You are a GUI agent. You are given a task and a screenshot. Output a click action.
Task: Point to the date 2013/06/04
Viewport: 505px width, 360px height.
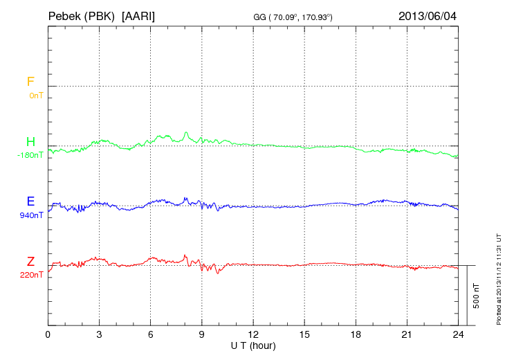click(x=428, y=15)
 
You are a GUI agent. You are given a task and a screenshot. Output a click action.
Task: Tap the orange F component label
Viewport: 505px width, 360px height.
click(x=30, y=82)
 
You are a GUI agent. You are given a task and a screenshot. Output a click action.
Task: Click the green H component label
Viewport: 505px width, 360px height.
click(x=30, y=143)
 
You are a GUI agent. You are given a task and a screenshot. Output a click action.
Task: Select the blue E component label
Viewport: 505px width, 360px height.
click(x=30, y=202)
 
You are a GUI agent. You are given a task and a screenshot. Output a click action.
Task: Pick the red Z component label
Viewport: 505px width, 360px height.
click(x=30, y=262)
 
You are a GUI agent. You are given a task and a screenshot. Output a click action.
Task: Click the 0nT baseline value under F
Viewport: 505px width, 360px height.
click(x=35, y=96)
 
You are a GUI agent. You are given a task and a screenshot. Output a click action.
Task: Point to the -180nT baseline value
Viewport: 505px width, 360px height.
click(x=30, y=155)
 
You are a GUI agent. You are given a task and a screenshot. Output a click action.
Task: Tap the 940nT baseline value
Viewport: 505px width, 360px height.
click(x=32, y=215)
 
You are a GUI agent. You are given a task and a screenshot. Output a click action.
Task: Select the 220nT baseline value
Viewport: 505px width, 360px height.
click(x=32, y=275)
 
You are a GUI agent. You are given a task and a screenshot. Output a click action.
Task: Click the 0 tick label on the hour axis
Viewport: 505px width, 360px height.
click(x=48, y=334)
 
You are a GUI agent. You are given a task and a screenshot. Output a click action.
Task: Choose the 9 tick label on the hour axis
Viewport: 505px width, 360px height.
click(x=202, y=334)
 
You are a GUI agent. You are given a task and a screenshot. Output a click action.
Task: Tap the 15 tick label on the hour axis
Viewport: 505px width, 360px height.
click(x=304, y=334)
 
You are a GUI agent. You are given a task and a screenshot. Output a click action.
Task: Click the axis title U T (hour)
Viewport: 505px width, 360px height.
click(x=253, y=345)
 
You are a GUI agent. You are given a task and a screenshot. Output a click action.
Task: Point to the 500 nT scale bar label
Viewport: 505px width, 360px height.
click(x=476, y=295)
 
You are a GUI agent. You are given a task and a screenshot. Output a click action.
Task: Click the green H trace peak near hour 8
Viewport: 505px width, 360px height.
click(x=185, y=132)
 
